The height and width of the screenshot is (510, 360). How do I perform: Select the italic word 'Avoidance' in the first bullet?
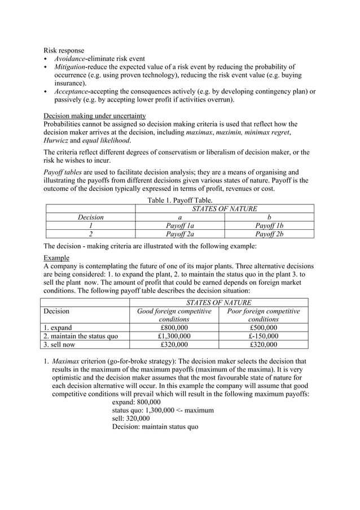tap(71, 59)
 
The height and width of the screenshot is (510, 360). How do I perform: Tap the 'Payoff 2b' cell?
tap(269, 234)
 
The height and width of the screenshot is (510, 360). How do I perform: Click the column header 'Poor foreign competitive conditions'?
tap(263, 315)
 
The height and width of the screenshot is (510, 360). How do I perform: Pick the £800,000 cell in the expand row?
tap(174, 327)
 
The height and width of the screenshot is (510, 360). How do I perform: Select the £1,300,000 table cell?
tap(174, 335)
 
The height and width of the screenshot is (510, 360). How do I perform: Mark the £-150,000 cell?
tap(263, 335)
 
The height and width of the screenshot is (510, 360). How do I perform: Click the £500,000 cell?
tap(263, 327)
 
